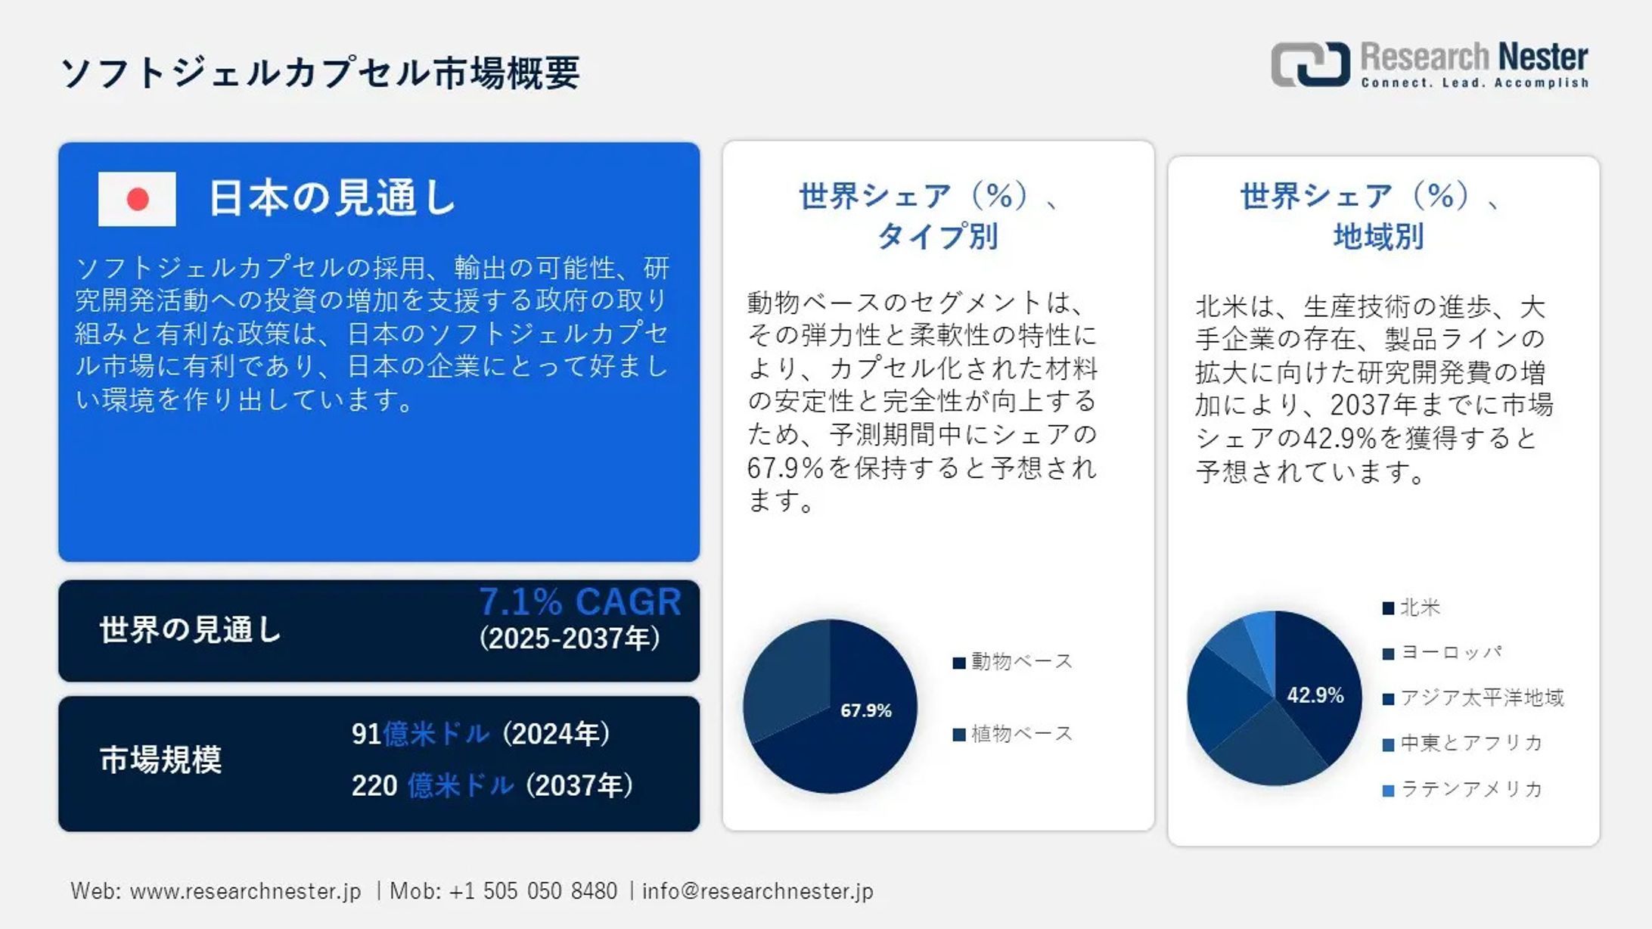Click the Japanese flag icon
point(137,199)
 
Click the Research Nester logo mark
point(1310,64)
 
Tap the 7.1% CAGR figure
point(580,602)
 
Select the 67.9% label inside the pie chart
point(866,710)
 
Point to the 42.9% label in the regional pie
point(1315,695)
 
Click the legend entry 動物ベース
point(1013,662)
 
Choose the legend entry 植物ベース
point(1013,734)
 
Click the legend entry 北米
point(1411,607)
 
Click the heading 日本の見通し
point(332,198)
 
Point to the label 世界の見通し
point(191,629)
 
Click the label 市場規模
point(160,760)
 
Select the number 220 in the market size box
point(374,786)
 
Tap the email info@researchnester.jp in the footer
point(758,891)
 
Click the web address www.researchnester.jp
point(246,891)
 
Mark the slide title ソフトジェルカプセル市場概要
point(320,73)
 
